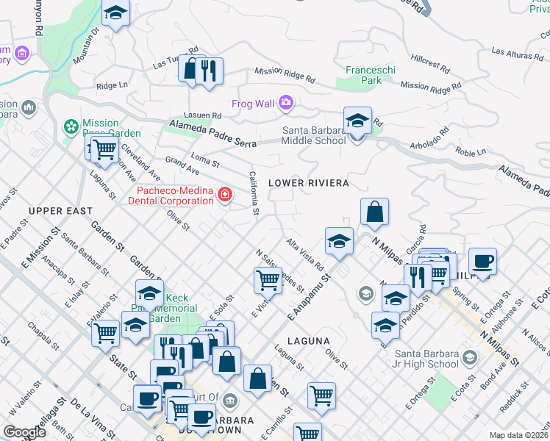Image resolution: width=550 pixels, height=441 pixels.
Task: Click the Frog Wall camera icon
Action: point(286,104)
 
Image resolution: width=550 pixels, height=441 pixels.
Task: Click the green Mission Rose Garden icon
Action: point(71,128)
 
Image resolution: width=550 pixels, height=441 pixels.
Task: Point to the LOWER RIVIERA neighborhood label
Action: point(308,182)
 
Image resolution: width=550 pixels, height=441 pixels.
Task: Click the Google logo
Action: point(24,432)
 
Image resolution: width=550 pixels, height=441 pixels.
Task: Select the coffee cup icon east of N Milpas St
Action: point(482,262)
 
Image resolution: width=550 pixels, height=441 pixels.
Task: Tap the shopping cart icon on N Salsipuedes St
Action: point(268,280)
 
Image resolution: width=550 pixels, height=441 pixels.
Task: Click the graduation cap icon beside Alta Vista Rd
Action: point(339,240)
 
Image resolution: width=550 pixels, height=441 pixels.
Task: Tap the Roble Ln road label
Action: point(471,152)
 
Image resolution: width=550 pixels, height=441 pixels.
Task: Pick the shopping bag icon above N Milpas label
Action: point(374,212)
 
